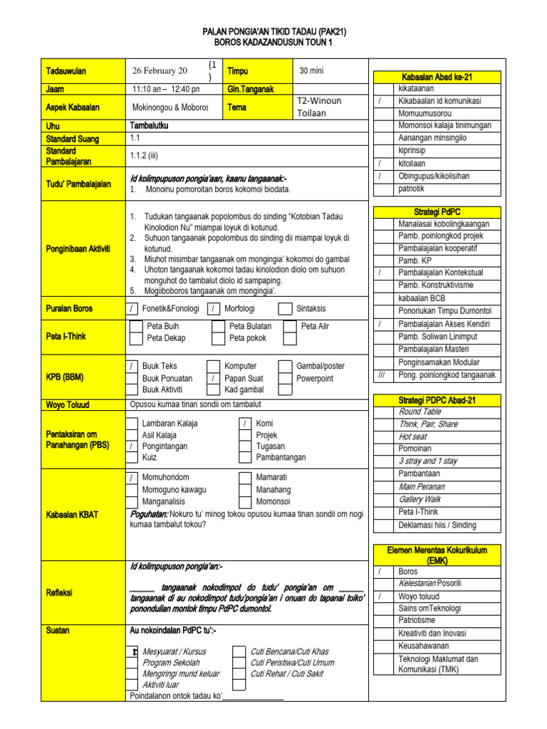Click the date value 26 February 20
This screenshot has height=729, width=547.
(160, 70)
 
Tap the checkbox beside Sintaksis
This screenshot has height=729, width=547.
(285, 309)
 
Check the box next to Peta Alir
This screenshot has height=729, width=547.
(290, 326)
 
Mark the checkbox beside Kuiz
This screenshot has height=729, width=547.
(132, 458)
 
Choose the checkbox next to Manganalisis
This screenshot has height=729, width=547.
(132, 501)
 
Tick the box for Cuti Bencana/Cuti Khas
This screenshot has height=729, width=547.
(239, 651)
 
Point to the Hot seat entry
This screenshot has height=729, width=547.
(413, 436)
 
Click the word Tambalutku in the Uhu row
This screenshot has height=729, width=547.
(150, 126)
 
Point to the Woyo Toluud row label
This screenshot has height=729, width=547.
(68, 405)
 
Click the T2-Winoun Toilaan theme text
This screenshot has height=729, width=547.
(318, 107)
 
